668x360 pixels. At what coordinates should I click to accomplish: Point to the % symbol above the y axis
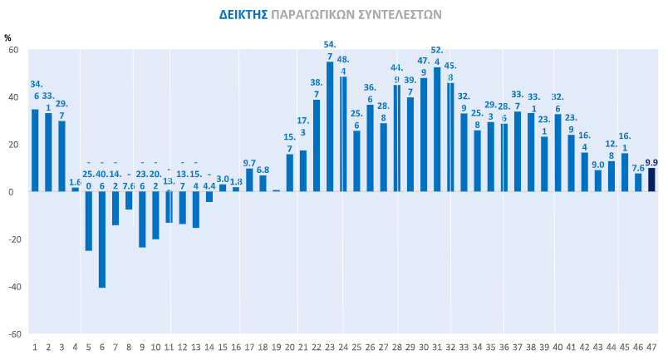[7, 37]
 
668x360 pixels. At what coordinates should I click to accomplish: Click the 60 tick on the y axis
[13, 50]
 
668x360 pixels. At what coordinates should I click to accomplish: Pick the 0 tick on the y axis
[16, 191]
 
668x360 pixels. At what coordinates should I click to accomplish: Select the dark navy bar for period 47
[651, 180]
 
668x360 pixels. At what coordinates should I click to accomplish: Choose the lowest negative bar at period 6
[102, 239]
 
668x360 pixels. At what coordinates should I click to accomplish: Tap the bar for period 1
[35, 150]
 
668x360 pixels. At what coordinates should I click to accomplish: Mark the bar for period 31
[437, 129]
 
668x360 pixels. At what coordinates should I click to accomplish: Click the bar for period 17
[249, 180]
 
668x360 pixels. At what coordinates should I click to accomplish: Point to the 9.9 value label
[651, 163]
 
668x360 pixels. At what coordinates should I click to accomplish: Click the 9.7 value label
[249, 163]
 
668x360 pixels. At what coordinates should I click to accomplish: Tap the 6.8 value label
[263, 170]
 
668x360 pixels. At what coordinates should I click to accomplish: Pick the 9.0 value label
[598, 165]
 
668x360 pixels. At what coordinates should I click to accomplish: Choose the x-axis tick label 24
[343, 346]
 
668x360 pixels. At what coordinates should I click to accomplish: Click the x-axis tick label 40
[557, 346]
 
